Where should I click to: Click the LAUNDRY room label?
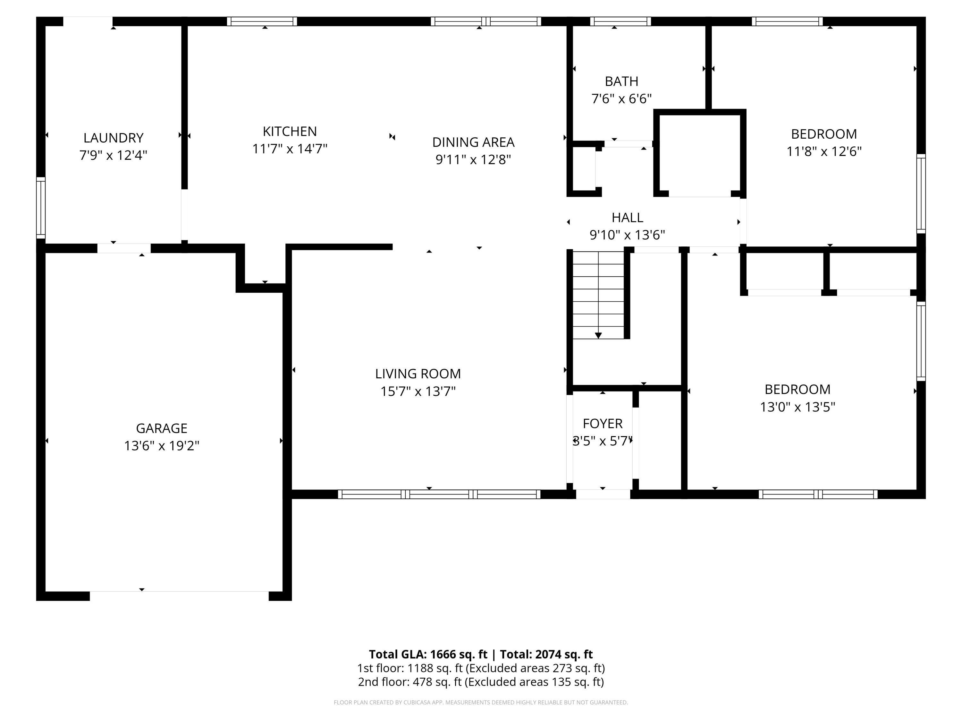tap(113, 138)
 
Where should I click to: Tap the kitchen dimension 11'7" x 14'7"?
tap(290, 149)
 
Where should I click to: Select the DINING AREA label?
tap(473, 142)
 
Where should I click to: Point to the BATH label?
tap(621, 82)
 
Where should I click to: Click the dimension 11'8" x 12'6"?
tap(824, 151)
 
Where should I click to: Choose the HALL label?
tap(627, 217)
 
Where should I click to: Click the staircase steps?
tap(598, 295)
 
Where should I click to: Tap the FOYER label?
tap(602, 424)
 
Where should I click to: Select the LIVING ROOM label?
tap(418, 374)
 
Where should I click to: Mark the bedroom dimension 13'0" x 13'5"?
tap(797, 407)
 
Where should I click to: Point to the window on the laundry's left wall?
tap(40, 208)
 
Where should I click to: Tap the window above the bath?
tap(620, 21)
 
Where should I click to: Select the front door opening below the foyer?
tap(603, 494)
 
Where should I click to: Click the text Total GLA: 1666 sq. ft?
tap(428, 654)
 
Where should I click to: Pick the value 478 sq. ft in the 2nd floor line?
tap(437, 682)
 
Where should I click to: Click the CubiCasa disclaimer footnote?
tap(481, 702)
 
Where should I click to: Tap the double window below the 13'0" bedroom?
tap(818, 494)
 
